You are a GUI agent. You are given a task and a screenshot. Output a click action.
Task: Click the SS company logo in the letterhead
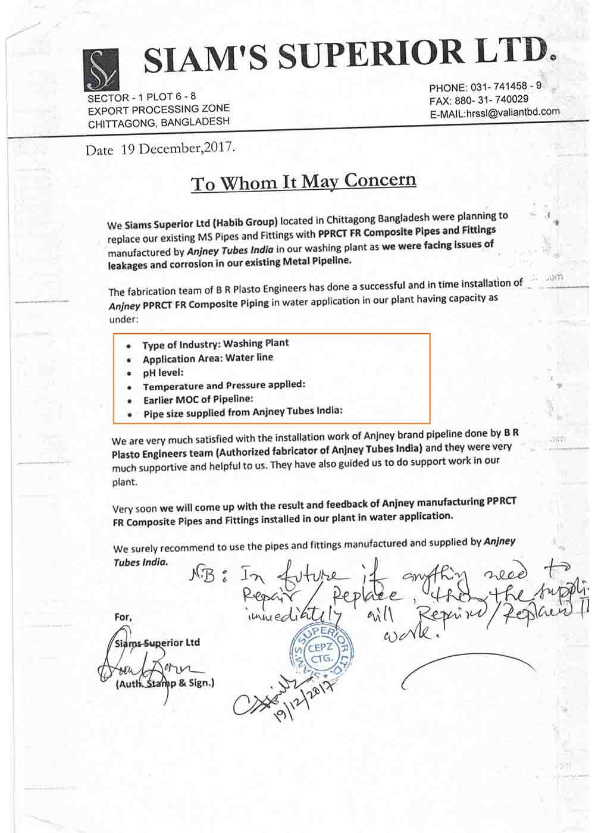point(102,71)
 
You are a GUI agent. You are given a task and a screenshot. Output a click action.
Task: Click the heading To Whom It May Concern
point(303,181)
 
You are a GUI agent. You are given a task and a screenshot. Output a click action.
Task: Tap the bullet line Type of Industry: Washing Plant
point(215,344)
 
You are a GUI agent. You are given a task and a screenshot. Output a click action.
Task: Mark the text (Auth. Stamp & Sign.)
point(165,683)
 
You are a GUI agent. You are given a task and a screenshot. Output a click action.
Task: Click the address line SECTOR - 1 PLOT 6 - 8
point(142,97)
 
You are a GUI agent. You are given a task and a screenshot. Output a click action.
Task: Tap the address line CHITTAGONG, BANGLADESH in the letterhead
point(159,123)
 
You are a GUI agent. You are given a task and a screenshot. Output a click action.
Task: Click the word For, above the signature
point(123,617)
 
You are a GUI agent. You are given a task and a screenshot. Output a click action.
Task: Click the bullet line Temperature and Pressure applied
point(224,386)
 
